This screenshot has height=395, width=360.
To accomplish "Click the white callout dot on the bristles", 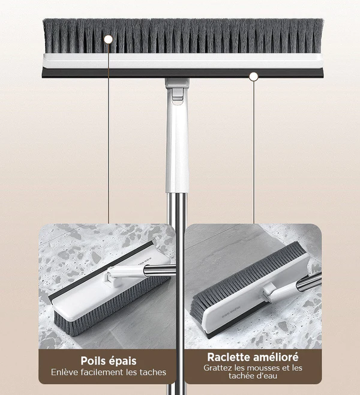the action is click(x=108, y=39).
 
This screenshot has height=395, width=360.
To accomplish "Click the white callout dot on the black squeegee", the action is click(x=254, y=77).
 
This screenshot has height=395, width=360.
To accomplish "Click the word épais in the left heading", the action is click(x=124, y=361).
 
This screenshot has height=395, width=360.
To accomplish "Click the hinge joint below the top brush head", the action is click(x=177, y=91).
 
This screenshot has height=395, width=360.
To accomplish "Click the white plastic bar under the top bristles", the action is click(x=183, y=61).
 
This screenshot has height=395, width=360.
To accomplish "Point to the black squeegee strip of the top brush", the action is click(x=183, y=73).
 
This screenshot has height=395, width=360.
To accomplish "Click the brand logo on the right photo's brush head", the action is click(x=232, y=312).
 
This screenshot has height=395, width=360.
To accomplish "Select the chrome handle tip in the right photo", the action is click(x=308, y=281).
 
